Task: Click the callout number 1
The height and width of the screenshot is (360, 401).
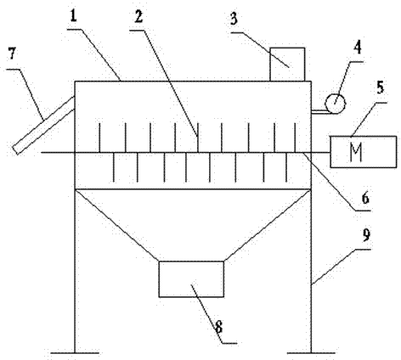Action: pyautogui.click(x=74, y=17)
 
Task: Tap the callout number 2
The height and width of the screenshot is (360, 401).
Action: pyautogui.click(x=138, y=17)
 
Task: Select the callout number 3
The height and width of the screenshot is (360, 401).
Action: pyautogui.click(x=234, y=20)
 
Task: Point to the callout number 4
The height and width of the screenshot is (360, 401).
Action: pyautogui.click(x=358, y=48)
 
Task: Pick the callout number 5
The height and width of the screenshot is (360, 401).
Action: pyautogui.click(x=381, y=87)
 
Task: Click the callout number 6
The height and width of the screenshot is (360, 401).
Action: pyautogui.click(x=365, y=198)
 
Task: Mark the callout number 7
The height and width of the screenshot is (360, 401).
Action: pyautogui.click(x=12, y=53)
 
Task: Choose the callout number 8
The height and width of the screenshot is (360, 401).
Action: pyautogui.click(x=219, y=328)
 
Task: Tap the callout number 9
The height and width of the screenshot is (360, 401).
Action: pyautogui.click(x=366, y=235)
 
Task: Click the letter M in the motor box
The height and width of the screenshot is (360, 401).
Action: pyautogui.click(x=356, y=152)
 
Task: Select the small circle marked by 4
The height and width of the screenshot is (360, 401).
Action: pyautogui.click(x=336, y=104)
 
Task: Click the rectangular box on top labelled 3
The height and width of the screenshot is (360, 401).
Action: pyautogui.click(x=287, y=65)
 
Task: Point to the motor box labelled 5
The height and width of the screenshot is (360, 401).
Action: pyautogui.click(x=364, y=152)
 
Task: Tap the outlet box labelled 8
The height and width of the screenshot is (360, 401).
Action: pyautogui.click(x=191, y=279)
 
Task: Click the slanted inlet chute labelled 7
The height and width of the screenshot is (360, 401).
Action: pyautogui.click(x=44, y=125)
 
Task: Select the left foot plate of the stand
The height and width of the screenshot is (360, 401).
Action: pyautogui.click(x=75, y=353)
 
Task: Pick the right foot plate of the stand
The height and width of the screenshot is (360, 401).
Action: pyautogui.click(x=311, y=353)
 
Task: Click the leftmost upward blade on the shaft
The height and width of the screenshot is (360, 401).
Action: pyautogui.click(x=99, y=138)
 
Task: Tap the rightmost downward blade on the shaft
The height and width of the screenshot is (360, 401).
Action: pyautogui.click(x=286, y=167)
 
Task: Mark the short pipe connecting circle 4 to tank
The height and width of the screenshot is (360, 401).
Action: pyautogui.click(x=319, y=112)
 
